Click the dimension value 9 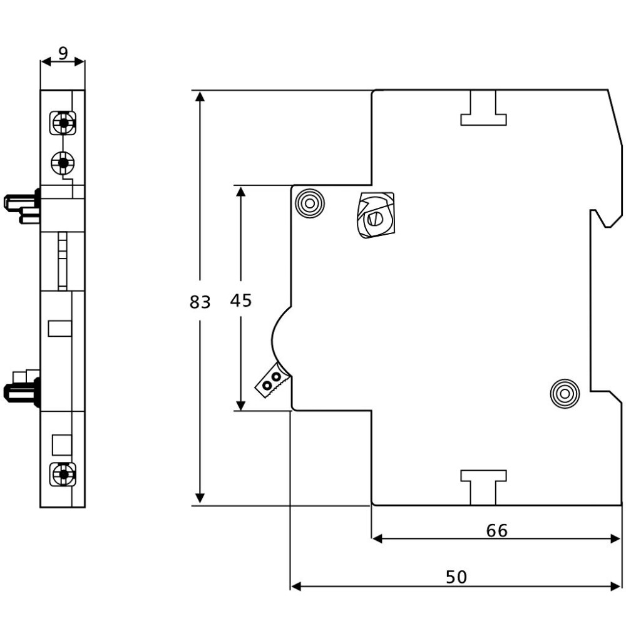[x=63, y=53]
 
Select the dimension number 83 [x=200, y=302]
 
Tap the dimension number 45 [x=241, y=300]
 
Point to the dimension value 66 [x=497, y=531]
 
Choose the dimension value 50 [x=456, y=577]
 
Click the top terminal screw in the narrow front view [x=63, y=123]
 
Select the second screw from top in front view [x=63, y=163]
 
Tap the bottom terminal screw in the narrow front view [x=63, y=475]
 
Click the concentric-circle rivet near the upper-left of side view [x=309, y=203]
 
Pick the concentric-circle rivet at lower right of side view [x=565, y=394]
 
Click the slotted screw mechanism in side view [x=376, y=215]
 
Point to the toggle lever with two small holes [x=272, y=380]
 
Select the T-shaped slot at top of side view [x=483, y=108]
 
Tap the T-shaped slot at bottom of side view [x=483, y=488]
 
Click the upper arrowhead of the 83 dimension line [x=200, y=96]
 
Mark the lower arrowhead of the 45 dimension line [x=241, y=405]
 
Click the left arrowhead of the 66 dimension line [x=377, y=539]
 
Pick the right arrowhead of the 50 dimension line [x=615, y=586]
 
